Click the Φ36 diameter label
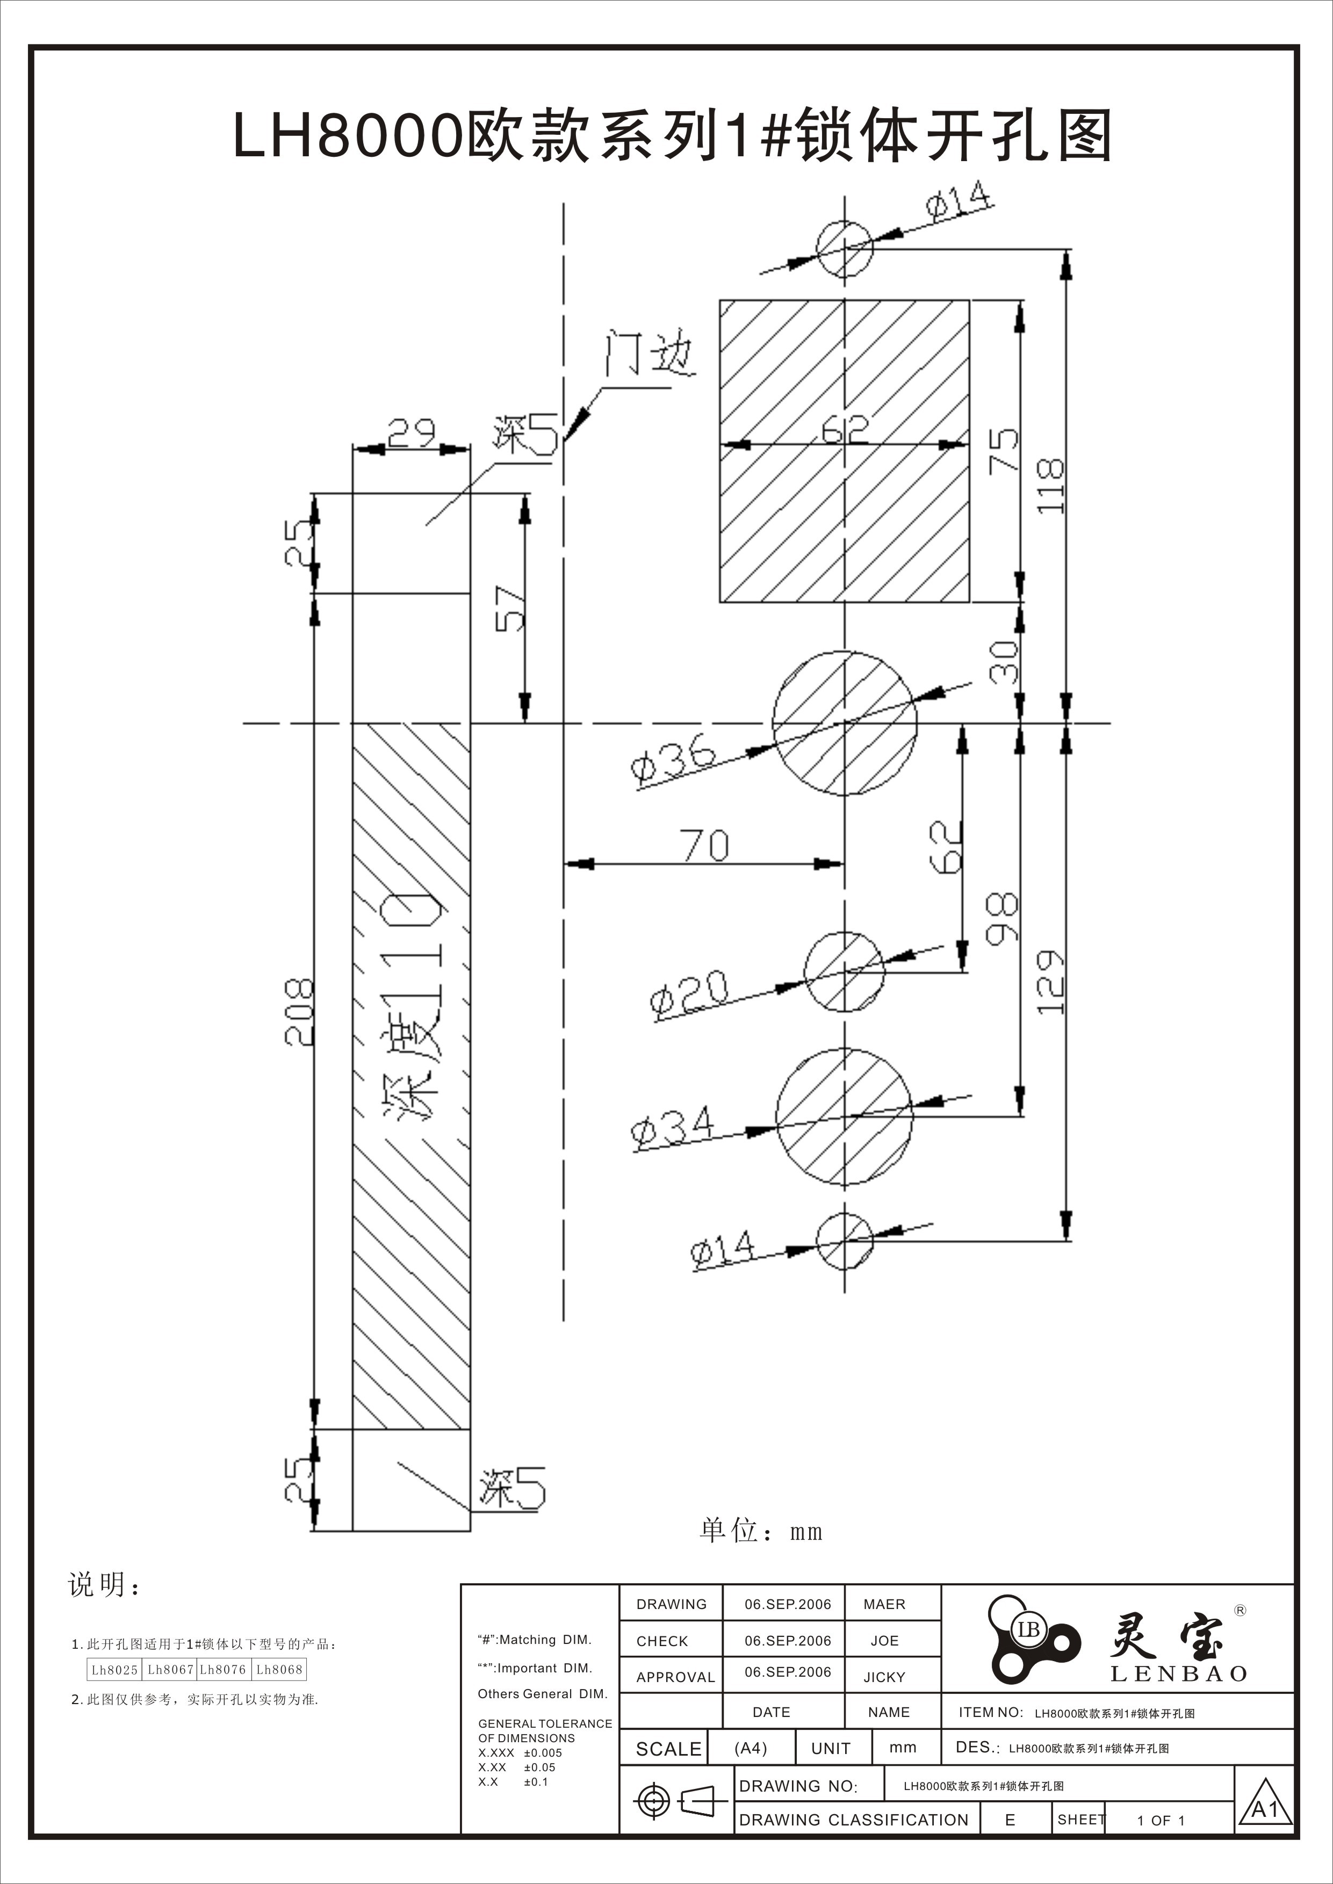(x=673, y=764)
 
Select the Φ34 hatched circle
(x=844, y=1117)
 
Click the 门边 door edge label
(x=649, y=354)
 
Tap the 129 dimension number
(x=1050, y=982)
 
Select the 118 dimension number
(x=1050, y=486)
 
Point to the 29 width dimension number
(x=411, y=432)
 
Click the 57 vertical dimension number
(x=510, y=608)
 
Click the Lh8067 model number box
(x=170, y=1669)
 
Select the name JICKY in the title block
(x=884, y=1677)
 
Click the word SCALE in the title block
(x=668, y=1749)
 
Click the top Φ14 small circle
(x=844, y=248)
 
